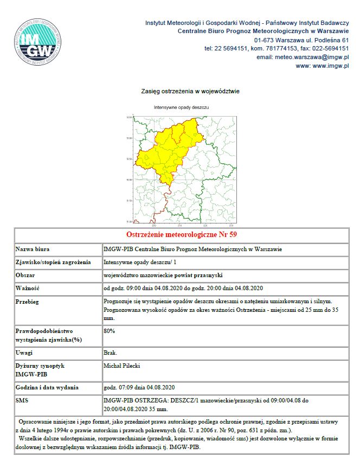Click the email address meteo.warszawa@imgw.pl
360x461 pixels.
click(316, 57)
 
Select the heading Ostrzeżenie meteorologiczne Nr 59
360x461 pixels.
click(181, 235)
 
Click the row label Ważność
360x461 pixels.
click(28, 287)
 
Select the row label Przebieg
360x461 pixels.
click(29, 300)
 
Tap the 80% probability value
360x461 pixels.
click(110, 330)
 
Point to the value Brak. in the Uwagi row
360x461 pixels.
click(111, 353)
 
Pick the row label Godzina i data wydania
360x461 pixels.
click(47, 388)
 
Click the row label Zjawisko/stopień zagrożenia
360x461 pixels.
click(53, 262)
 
